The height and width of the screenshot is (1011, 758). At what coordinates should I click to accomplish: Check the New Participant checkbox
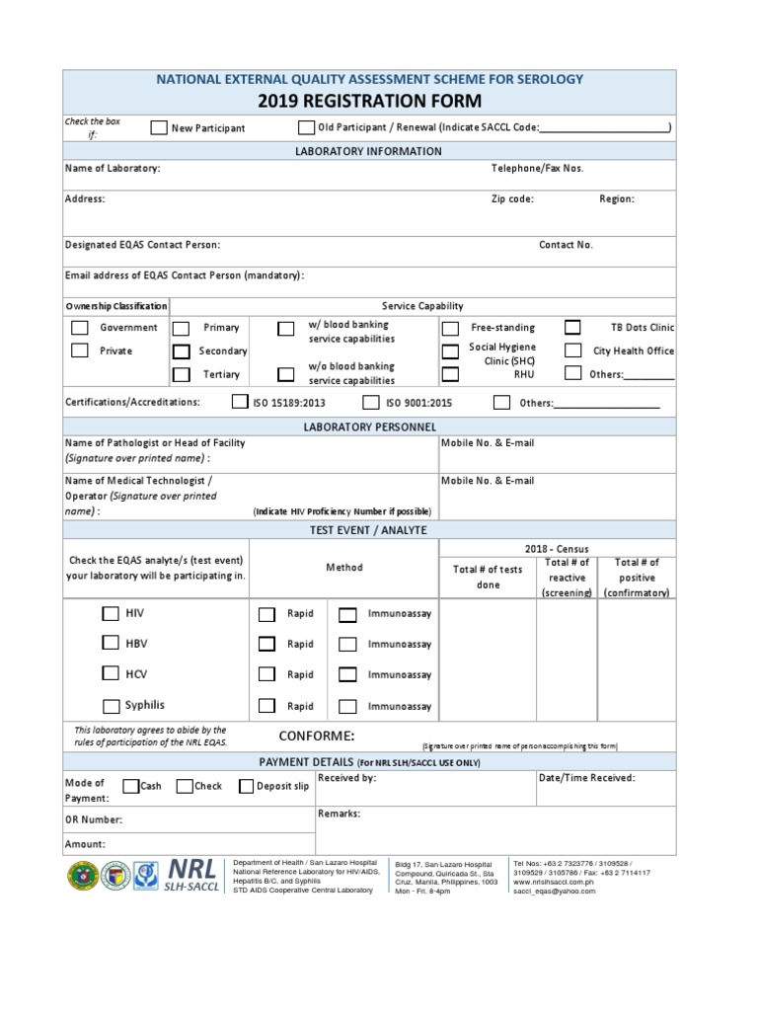coord(158,127)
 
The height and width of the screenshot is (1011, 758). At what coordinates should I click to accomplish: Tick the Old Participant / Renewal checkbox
coord(306,126)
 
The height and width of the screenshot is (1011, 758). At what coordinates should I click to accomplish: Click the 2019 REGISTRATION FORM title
coord(370,101)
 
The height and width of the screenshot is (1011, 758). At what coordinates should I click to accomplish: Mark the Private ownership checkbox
coord(80,350)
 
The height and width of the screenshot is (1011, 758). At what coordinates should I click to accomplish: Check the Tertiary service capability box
coord(181,374)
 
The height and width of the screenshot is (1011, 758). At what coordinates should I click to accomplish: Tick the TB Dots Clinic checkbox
coord(572,327)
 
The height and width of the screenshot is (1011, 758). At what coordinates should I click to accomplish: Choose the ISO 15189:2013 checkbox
coord(239,402)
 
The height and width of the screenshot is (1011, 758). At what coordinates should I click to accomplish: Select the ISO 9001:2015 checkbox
coord(370,402)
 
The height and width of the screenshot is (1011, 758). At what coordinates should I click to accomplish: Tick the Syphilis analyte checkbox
coord(112,705)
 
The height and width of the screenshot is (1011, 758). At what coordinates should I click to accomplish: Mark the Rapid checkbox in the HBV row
coord(266,644)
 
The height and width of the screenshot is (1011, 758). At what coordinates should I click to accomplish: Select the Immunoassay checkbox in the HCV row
coord(347,675)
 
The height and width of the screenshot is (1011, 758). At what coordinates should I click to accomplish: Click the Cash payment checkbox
coord(130,786)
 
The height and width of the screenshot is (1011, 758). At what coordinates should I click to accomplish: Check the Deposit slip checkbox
coord(246,786)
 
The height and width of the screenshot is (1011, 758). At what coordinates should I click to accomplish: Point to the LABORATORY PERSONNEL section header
coord(369,426)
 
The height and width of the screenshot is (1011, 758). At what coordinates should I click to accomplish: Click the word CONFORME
coord(316,737)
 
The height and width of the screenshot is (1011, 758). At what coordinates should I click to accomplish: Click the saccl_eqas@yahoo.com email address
coord(554,891)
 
